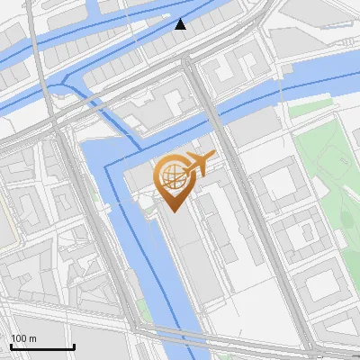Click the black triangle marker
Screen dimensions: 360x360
pyautogui.click(x=181, y=24)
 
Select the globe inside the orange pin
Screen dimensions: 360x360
pyautogui.click(x=169, y=176)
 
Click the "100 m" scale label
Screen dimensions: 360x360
pyautogui.click(x=24, y=338)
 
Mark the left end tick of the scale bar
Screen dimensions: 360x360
pyautogui.click(x=11, y=345)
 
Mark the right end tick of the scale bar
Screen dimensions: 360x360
pyautogui.click(x=74, y=345)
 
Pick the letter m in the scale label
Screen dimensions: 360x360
pyautogui.click(x=34, y=338)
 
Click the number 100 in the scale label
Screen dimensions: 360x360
pyautogui.click(x=19, y=338)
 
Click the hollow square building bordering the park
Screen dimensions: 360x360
pyautogui.click(x=279, y=181)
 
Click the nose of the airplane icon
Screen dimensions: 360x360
pyautogui.click(x=212, y=158)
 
